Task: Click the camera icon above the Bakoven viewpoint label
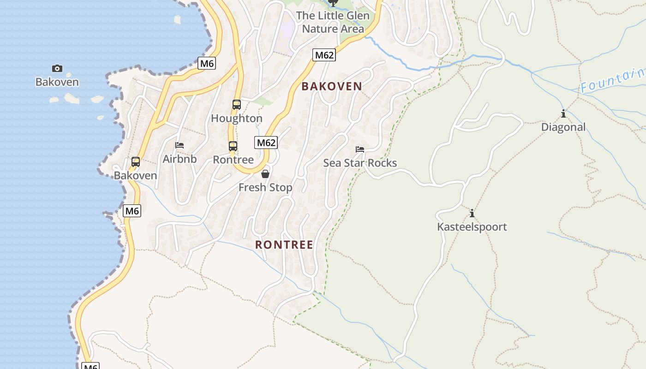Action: [57, 69]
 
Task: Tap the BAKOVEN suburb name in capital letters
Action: [332, 86]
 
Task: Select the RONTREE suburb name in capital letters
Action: [284, 244]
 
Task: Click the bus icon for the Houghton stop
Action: [237, 105]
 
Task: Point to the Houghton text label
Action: [237, 119]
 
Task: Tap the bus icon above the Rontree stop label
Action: [233, 146]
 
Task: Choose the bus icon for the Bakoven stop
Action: [136, 162]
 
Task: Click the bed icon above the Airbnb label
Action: [179, 145]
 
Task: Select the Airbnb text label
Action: [179, 159]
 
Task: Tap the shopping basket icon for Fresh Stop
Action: [265, 174]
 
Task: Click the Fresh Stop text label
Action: [265, 188]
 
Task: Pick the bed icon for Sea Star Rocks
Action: [360, 149]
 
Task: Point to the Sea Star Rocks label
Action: [360, 163]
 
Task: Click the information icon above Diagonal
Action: [563, 113]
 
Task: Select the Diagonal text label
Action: [563, 127]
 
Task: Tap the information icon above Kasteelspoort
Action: [472, 213]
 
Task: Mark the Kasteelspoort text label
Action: [472, 227]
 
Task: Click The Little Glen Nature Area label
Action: [333, 22]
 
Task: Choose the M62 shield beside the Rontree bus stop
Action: [266, 143]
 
